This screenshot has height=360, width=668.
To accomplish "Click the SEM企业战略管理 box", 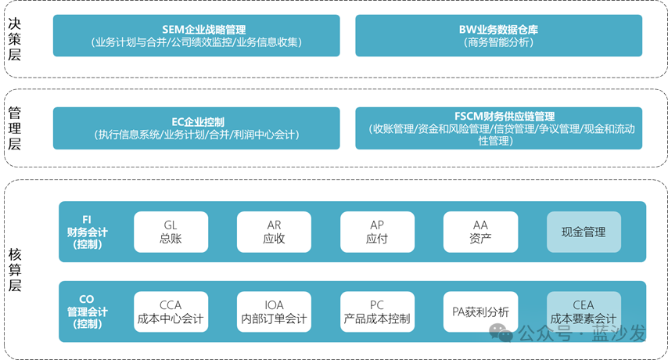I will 196,36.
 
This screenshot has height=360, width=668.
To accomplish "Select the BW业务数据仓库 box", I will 498,36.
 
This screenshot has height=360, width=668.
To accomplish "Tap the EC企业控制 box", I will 196,128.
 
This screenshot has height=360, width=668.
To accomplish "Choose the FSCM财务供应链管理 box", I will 498,128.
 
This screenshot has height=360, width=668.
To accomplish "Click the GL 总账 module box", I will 171,232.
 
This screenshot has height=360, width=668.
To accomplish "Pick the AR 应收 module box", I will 274,232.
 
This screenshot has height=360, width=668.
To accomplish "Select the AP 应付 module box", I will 377,232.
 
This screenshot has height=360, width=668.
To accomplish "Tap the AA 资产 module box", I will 480,232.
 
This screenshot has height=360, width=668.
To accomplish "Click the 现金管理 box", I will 584,232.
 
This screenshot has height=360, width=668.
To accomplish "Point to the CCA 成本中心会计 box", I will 171,311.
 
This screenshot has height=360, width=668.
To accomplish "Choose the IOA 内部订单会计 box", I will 274,311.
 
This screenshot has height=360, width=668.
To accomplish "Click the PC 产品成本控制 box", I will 377,311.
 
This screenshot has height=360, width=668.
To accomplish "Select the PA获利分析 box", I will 480,311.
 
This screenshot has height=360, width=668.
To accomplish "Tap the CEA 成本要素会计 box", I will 584,311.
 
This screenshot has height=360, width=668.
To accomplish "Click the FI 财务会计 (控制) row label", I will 88,232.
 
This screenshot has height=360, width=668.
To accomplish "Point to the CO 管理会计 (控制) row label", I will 88,311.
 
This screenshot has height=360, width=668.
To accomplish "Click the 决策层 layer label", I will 14,38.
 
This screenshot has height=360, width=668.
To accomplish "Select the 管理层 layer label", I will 14,128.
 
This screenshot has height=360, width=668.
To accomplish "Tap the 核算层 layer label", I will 14,268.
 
